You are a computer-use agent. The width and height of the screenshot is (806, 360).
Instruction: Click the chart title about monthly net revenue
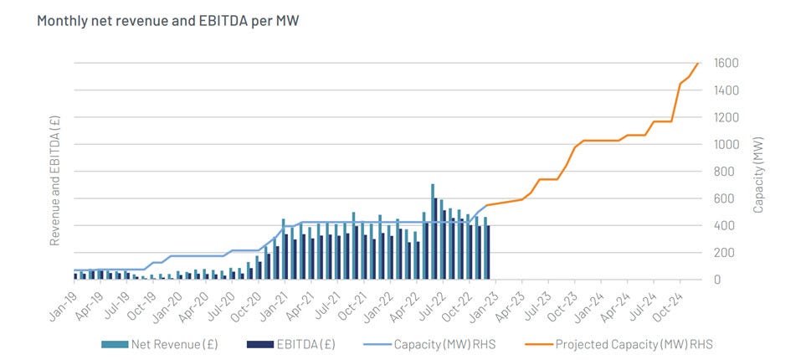coord(167,19)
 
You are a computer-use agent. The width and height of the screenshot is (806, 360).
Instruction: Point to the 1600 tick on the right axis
coord(725,64)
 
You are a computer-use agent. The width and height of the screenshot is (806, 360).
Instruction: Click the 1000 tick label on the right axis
coord(725,145)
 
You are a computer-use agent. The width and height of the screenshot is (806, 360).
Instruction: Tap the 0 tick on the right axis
coord(717,280)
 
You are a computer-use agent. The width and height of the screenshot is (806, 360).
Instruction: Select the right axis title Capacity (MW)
coord(758,172)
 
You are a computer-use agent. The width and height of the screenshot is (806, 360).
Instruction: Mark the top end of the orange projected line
coord(698,64)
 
